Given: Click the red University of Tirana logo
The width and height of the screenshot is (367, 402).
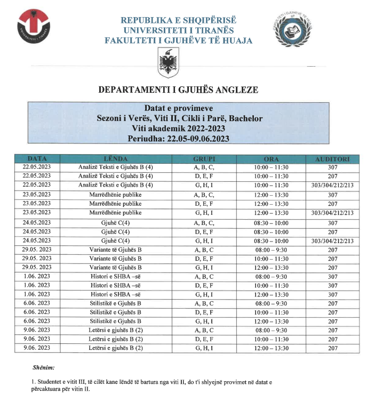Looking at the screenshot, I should click(36, 28).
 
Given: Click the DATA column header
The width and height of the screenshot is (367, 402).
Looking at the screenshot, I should click(37, 159).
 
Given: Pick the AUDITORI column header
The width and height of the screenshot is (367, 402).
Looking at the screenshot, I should click(332, 159).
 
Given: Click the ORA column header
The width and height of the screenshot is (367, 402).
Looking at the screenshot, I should click(271, 159).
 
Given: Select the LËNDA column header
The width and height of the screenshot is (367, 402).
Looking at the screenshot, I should click(115, 159).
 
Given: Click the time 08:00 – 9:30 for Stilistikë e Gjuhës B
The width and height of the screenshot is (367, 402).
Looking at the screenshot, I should click(271, 303).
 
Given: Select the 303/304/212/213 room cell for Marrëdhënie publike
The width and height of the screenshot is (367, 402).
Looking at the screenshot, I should click(332, 213).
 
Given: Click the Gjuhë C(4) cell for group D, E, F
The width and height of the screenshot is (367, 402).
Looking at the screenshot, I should click(115, 231).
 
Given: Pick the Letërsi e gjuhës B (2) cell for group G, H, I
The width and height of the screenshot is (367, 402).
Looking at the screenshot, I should click(115, 348).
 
